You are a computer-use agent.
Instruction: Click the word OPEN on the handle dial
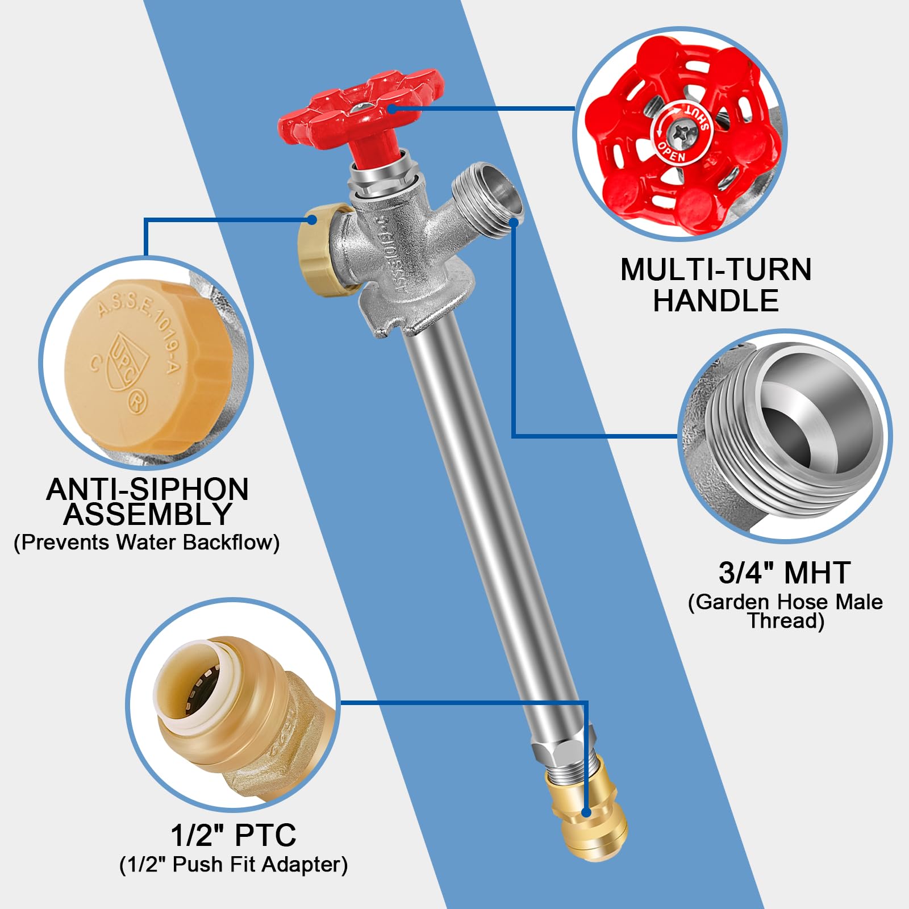(672, 152)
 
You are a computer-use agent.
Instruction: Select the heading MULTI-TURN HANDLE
(716, 285)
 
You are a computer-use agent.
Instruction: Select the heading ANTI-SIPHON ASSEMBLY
(148, 501)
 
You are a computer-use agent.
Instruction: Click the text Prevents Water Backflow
(147, 543)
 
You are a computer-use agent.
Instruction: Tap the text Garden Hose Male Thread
(786, 611)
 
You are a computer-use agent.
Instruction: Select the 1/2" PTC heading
(233, 835)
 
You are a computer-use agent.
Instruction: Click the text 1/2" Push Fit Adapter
(233, 865)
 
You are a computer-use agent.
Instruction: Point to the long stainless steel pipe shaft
(489, 511)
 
